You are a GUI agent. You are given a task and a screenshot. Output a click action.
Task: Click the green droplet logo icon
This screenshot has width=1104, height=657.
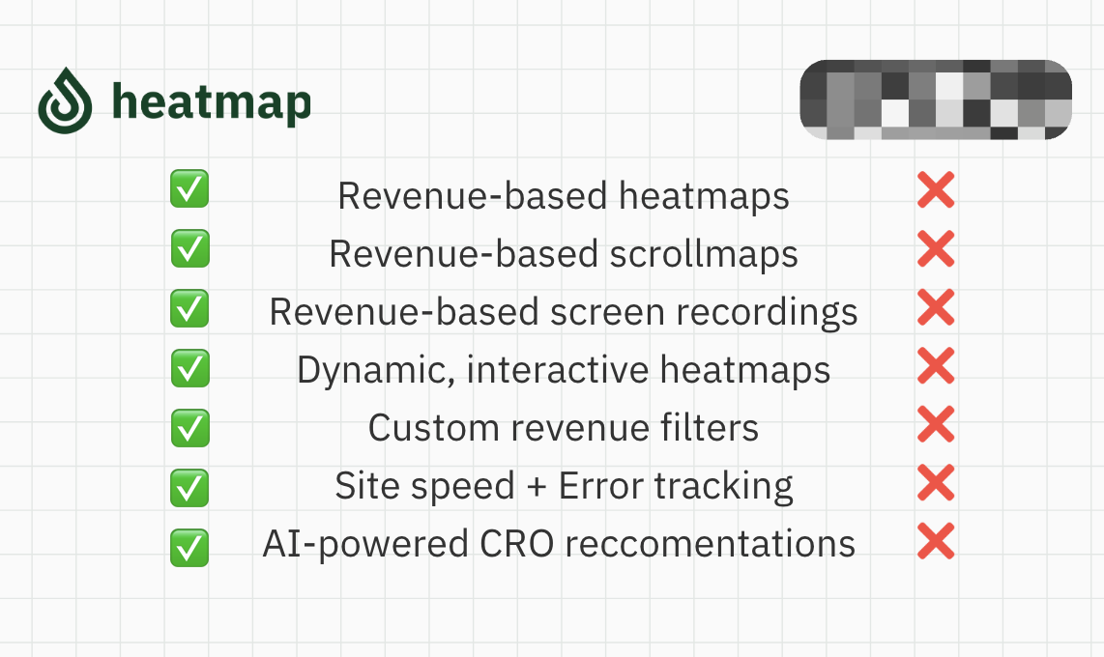click(x=65, y=100)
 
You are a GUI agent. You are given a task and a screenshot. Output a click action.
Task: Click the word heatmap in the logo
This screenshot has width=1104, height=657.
click(x=212, y=100)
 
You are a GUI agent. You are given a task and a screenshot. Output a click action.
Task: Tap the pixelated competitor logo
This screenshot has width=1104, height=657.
click(x=936, y=99)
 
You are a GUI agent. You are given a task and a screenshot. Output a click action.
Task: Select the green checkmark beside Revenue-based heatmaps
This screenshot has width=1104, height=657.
click(x=189, y=188)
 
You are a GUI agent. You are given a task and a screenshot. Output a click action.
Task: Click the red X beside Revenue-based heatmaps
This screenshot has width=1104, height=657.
click(x=936, y=190)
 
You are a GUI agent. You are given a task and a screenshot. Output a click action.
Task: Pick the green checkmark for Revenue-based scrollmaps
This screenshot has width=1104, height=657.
click(x=189, y=248)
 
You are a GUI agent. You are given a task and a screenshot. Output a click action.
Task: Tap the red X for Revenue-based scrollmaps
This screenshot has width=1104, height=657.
click(x=936, y=249)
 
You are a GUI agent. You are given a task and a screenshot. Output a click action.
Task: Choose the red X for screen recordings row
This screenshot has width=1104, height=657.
click(x=936, y=308)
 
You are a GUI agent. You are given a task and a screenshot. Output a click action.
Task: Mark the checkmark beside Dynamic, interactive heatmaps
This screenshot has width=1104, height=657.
click(x=189, y=368)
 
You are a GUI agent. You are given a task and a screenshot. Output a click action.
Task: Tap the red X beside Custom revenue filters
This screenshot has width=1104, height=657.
click(x=936, y=424)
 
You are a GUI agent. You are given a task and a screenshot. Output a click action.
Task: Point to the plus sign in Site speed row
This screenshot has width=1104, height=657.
click(x=537, y=486)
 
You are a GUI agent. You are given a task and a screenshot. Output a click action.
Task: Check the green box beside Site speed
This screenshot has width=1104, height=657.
click(x=189, y=487)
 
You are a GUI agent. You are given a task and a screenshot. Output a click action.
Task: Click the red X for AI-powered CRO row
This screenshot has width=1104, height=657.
click(x=936, y=541)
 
